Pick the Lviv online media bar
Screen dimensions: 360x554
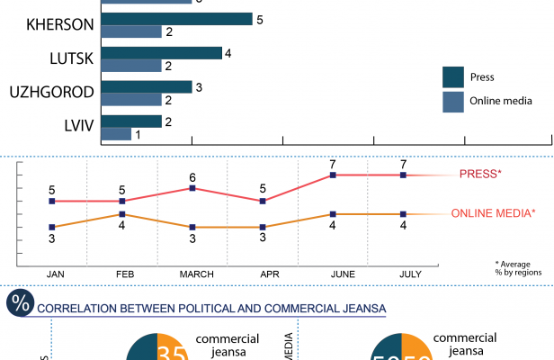tap(116, 134)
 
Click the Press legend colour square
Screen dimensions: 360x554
tap(452, 76)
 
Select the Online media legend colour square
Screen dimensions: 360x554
tap(452, 101)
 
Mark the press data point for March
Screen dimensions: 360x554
tap(192, 188)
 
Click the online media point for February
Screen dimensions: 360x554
tap(121, 214)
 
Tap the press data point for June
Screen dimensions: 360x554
tap(333, 175)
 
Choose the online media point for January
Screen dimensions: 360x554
tap(51, 227)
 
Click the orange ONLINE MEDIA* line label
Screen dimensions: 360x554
tap(493, 213)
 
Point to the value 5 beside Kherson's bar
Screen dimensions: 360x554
tap(259, 19)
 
